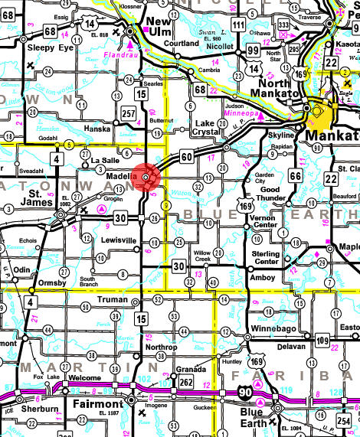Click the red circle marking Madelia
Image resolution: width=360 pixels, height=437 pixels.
[x=146, y=177]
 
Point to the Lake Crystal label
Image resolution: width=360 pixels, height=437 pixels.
[x=205, y=128]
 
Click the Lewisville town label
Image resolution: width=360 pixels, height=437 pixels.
[x=119, y=240]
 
